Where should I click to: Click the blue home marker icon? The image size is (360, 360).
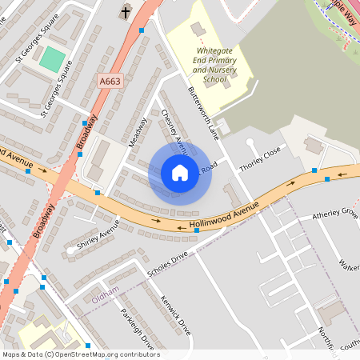(180, 173)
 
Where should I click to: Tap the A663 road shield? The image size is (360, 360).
(110, 82)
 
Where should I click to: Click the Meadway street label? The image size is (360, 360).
(138, 132)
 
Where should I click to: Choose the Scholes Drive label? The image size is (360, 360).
(167, 265)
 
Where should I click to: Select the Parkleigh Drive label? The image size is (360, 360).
(137, 330)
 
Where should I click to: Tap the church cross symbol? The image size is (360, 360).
(126, 11)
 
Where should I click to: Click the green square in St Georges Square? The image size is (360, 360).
(52, 58)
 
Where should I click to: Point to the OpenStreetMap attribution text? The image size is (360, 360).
(80, 354)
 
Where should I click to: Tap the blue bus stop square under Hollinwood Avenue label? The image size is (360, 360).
(197, 230)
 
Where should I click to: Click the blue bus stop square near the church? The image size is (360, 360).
(142, 30)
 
